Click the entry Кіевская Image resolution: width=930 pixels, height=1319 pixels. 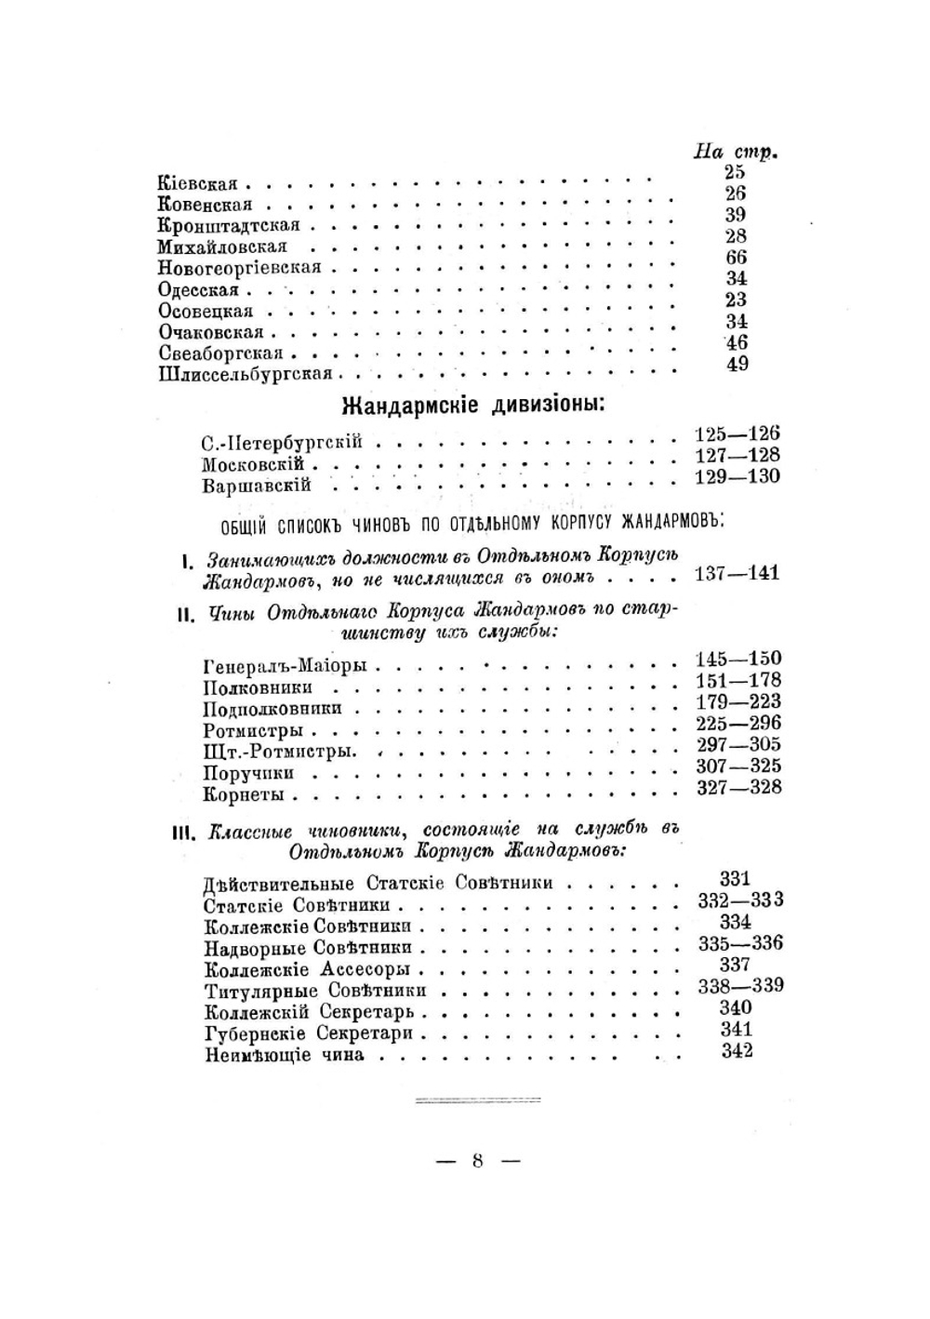pos(197,183)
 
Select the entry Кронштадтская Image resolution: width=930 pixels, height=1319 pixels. pos(228,225)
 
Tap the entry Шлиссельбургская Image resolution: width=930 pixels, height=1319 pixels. pos(245,374)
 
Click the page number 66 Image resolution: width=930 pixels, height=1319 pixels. pos(737,258)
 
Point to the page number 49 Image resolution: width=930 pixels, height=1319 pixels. pos(737,365)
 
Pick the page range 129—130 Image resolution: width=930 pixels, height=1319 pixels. pos(737,476)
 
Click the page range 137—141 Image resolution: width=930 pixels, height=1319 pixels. pos(737,573)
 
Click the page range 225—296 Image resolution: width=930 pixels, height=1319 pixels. pos(738,723)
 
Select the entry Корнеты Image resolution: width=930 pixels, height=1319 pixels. pos(243,795)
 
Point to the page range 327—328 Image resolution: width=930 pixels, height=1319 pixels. pos(738,788)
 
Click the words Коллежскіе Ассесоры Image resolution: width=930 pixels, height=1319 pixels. pos(307,969)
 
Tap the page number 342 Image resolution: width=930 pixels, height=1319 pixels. pos(737,1051)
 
